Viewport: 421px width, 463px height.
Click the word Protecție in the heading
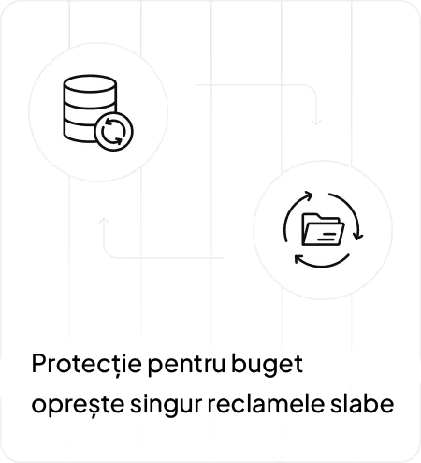pyautogui.click(x=87, y=364)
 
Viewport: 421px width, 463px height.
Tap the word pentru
pyautogui.click(x=186, y=365)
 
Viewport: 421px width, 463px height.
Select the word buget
pyautogui.click(x=267, y=365)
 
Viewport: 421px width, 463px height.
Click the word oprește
pyautogui.click(x=78, y=405)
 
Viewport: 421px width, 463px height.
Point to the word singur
pyautogui.click(x=166, y=404)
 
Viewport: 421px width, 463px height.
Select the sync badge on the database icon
pyautogui.click(x=113, y=132)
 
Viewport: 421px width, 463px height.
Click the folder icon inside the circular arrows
pyautogui.click(x=323, y=229)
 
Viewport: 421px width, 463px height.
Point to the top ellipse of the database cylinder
pyautogui.click(x=90, y=83)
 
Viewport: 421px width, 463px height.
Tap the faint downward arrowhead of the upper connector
pyautogui.click(x=316, y=122)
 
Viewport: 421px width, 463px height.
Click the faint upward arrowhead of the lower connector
pyautogui.click(x=104, y=221)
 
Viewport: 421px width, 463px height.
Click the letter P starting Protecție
pyautogui.click(x=38, y=364)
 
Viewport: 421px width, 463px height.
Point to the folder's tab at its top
pyautogui.click(x=312, y=216)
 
